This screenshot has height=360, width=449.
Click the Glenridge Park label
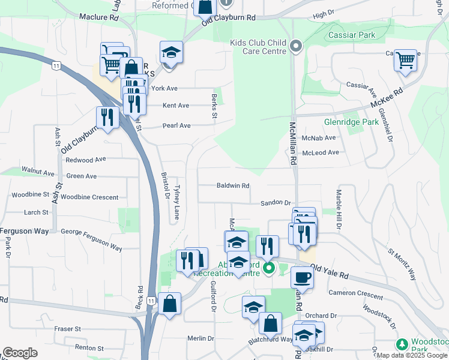[x=351, y=122]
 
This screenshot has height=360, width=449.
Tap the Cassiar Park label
[x=352, y=35]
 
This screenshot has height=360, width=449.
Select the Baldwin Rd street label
[x=233, y=186]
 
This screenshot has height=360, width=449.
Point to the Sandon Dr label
[x=275, y=203]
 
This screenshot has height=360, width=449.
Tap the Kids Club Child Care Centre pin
[x=295, y=46]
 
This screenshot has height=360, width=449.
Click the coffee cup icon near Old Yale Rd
[x=301, y=277]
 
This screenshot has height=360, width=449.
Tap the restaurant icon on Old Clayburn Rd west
[x=107, y=117]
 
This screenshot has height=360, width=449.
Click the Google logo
[x=20, y=353]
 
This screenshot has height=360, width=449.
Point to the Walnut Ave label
[x=38, y=172]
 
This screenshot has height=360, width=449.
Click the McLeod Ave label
[x=321, y=152]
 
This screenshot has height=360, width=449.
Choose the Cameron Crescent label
[x=355, y=295]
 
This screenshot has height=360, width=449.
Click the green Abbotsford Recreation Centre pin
[x=269, y=268]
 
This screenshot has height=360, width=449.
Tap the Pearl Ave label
[x=176, y=126]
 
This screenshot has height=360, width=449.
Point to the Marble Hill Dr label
[x=339, y=210]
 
